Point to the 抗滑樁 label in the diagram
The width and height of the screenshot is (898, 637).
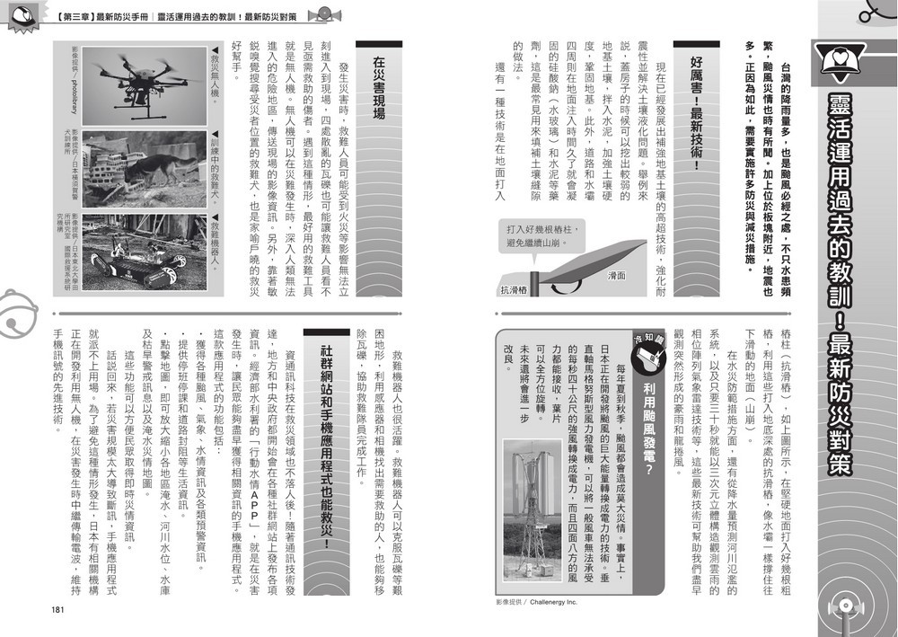tap(515, 290)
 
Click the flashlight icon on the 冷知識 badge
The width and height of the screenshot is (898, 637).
tap(647, 360)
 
